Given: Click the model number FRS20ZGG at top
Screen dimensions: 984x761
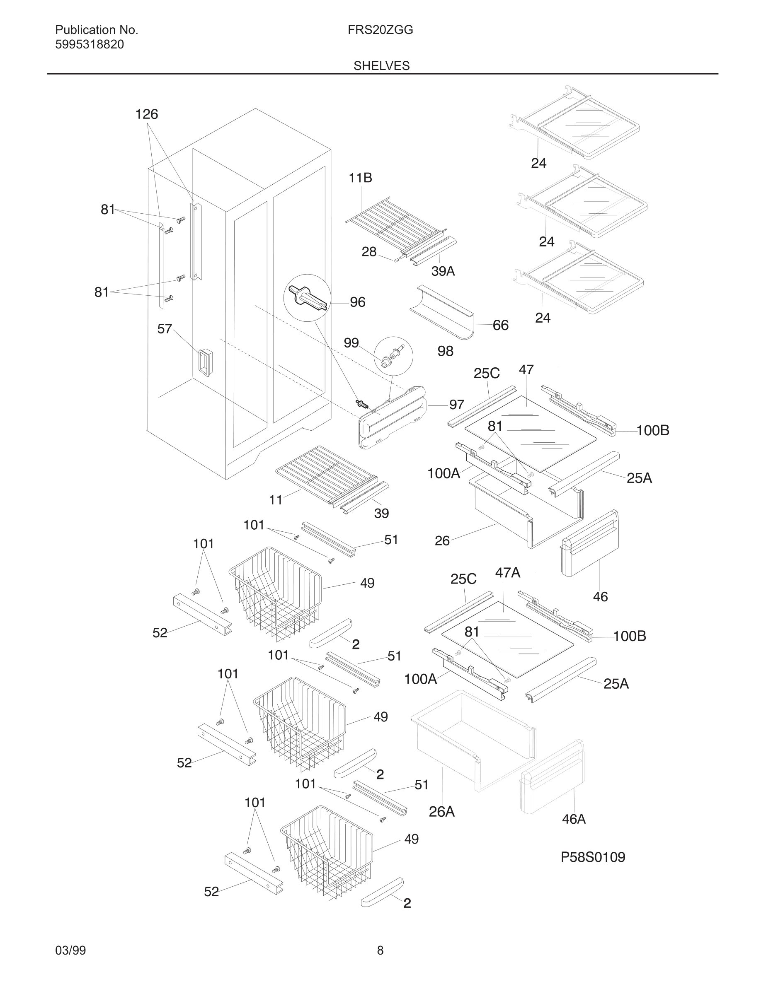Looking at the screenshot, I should pos(380,30).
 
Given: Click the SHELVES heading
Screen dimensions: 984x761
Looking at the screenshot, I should pos(381,66).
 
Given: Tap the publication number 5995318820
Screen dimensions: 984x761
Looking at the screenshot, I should pos(89,45).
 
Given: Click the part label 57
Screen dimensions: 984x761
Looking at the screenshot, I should pos(165,329).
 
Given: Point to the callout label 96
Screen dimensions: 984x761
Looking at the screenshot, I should pos(358,302).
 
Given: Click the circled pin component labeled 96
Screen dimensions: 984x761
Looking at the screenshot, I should pos(307,298).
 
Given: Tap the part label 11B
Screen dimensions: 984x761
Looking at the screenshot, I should pos(360,178).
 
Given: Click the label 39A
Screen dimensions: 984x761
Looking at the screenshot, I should pos(443,271).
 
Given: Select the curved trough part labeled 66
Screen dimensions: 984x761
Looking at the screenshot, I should pos(442,312).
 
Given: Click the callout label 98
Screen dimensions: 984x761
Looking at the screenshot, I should pos(446,352).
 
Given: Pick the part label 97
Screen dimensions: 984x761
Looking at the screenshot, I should pos(457,405).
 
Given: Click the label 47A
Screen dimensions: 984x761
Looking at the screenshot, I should pos(508,573).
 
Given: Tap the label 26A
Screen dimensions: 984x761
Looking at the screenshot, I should pos(441,811).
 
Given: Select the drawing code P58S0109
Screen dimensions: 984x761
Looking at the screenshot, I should pos(593,857).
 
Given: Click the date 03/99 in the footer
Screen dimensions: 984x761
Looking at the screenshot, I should pos(70,950).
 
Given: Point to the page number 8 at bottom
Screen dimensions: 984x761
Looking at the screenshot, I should pos(380,950).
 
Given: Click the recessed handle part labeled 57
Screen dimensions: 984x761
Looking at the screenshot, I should pos(205,362).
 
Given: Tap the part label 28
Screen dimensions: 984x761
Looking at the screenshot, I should pos(369,252).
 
